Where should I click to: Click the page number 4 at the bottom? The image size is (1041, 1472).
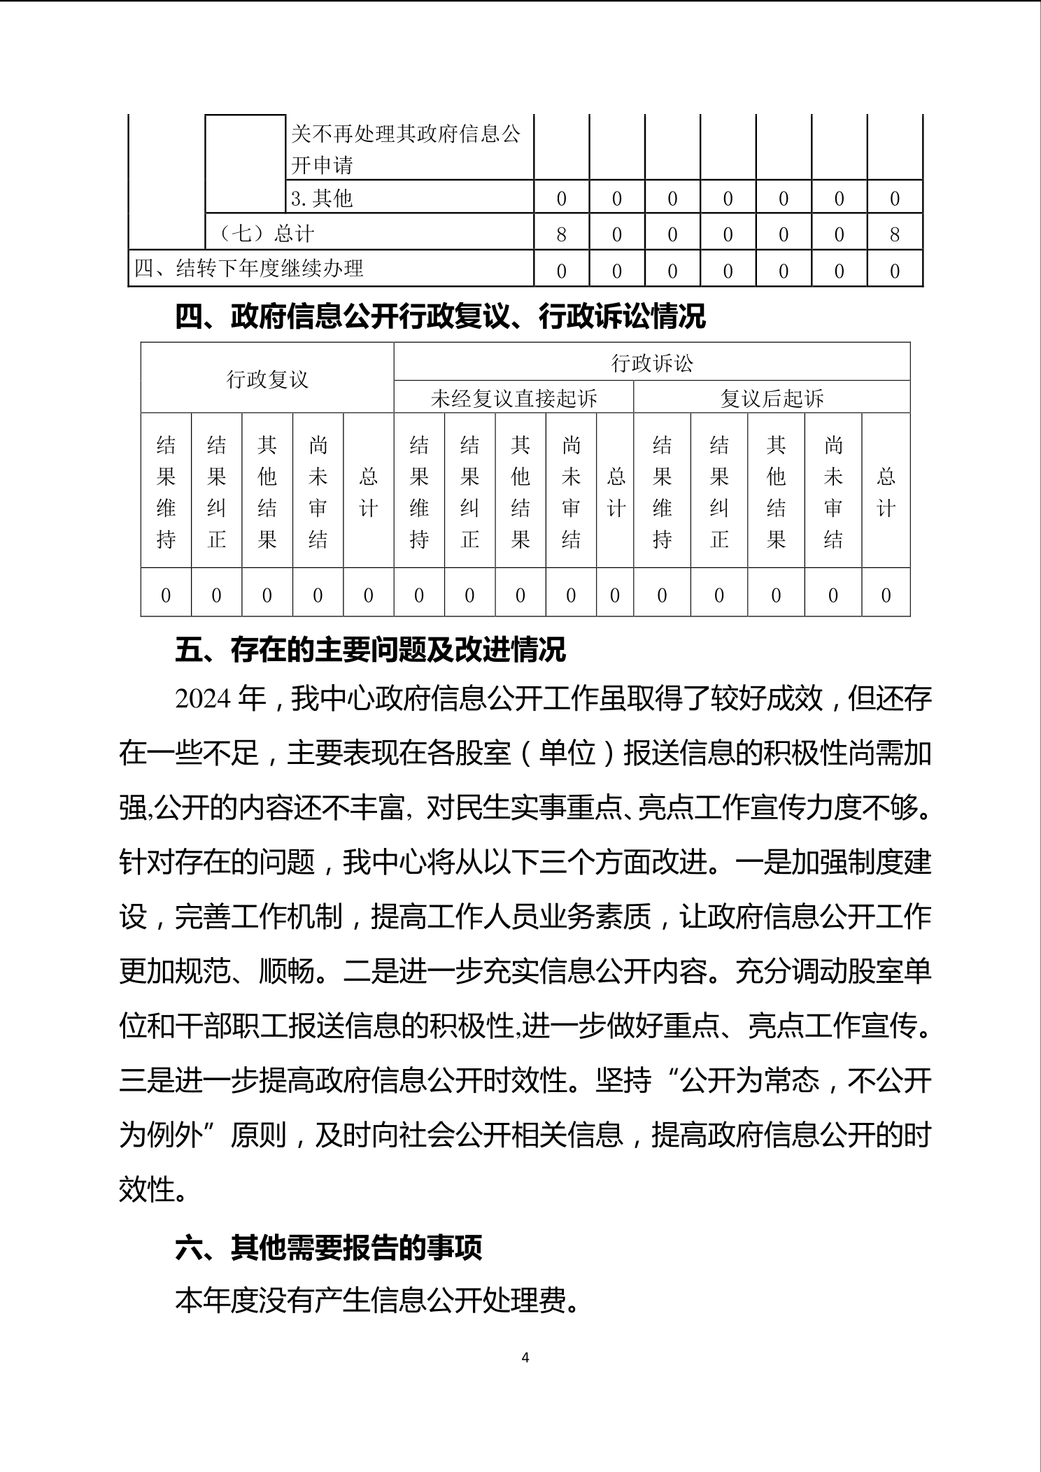(525, 1357)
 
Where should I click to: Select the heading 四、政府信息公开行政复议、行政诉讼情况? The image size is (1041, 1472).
(440, 317)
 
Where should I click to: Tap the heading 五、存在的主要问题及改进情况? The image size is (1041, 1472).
(370, 649)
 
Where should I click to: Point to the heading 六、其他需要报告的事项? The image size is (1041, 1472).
(328, 1247)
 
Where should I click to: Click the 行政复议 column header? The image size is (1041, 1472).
(267, 379)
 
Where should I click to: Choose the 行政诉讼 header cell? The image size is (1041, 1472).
(652, 362)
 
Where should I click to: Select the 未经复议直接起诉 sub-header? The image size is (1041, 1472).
(514, 398)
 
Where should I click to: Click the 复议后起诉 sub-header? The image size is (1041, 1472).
(772, 398)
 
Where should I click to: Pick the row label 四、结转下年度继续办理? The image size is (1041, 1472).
(249, 269)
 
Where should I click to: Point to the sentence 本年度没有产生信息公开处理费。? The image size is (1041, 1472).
(378, 1301)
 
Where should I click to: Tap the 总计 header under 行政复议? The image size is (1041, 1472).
(369, 492)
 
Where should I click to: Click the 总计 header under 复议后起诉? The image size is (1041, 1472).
(886, 492)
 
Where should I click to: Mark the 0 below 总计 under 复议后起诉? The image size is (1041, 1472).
(886, 595)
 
